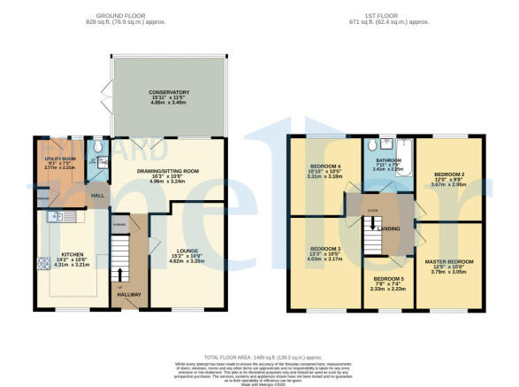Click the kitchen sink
coord(55,217)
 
